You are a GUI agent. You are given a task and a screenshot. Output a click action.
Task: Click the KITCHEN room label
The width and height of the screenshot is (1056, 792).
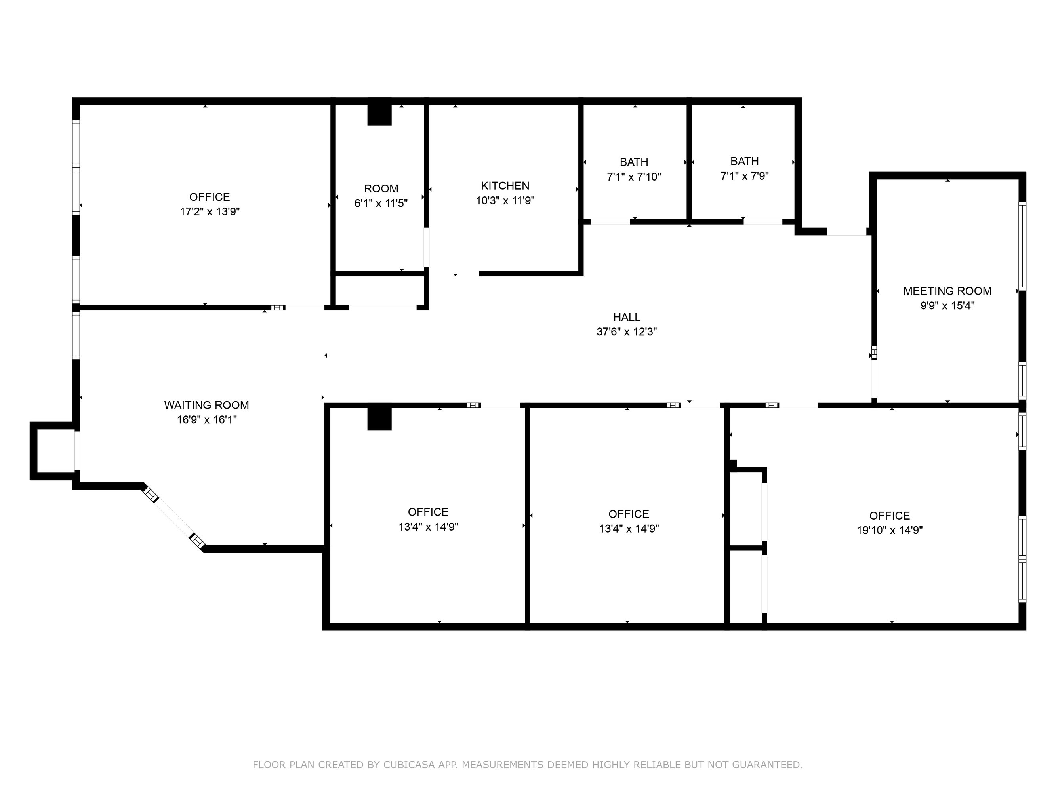coord(505,186)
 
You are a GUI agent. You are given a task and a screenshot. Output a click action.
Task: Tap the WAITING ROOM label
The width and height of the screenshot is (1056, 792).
coord(207,406)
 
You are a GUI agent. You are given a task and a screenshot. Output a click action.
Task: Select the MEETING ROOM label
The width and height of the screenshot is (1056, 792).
coord(947,291)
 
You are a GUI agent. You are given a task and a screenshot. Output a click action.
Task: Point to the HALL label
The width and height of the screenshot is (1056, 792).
coord(627,317)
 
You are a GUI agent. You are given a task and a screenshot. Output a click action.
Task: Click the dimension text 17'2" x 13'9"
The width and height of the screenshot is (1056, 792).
coord(210,211)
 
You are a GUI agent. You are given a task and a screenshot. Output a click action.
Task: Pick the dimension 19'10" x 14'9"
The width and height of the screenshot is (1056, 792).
coord(889,530)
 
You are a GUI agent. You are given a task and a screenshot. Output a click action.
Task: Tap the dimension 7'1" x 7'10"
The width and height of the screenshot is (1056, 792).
coord(634,177)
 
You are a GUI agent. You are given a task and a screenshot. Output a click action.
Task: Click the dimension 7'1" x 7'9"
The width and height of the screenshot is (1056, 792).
coord(745,176)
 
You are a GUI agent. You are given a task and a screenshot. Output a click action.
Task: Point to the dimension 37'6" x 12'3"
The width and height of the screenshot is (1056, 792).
coord(627,332)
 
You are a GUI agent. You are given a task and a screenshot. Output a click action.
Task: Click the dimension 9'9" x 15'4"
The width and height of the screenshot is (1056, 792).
coord(947,306)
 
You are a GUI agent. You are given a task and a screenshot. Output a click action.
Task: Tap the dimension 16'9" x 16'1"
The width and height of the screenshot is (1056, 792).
coord(207,420)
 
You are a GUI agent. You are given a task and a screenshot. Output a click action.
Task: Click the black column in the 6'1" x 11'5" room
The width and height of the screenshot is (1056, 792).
coord(379,114)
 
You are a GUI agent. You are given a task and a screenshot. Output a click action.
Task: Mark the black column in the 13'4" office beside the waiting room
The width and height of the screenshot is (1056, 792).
coord(379,419)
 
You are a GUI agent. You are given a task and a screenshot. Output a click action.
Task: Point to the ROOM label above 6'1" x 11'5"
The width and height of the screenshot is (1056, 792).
coord(381,188)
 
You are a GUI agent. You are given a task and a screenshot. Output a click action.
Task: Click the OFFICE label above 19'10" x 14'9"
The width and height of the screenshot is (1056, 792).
coord(889,516)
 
